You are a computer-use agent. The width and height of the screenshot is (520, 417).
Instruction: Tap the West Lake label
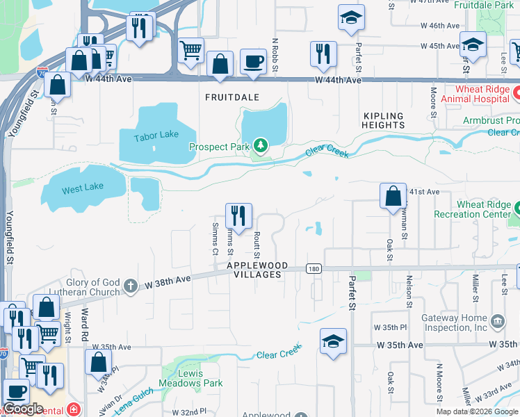click(82, 188)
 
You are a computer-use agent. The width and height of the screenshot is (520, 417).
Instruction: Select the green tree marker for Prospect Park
click(260, 146)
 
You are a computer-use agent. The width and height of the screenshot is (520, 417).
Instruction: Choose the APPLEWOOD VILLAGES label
click(254, 270)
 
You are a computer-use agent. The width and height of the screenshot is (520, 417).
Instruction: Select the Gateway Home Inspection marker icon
click(498, 320)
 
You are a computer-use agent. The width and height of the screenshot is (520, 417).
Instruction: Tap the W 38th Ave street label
click(167, 281)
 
